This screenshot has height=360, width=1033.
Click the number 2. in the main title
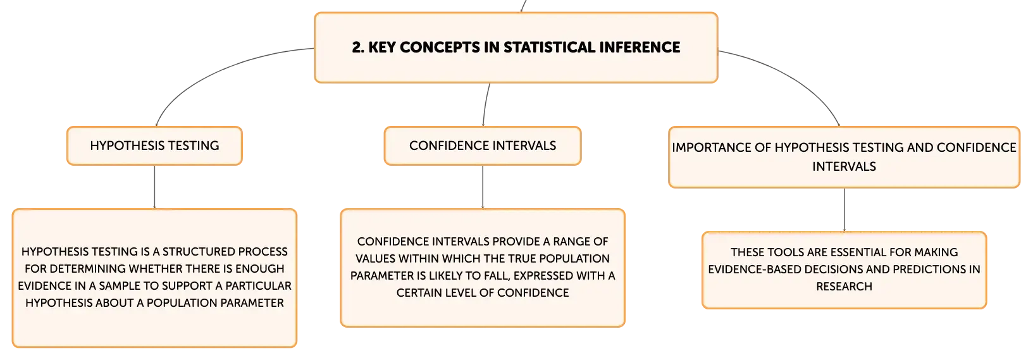tap(358, 47)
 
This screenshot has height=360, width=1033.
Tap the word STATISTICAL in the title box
tap(549, 47)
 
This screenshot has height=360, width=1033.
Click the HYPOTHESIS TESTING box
tap(154, 146)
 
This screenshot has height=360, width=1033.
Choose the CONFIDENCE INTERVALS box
tap(483, 146)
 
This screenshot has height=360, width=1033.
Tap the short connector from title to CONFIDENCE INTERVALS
tap(485, 104)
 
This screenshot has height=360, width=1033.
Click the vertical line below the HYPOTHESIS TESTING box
tap(154, 187)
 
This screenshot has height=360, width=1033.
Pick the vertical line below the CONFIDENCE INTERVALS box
tap(483, 187)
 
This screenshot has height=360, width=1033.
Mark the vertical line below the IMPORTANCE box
tap(844, 209)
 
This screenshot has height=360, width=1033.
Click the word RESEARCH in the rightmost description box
tap(844, 287)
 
